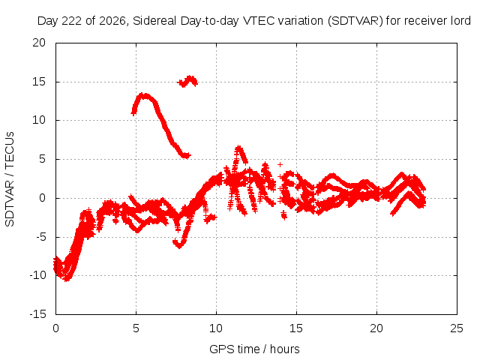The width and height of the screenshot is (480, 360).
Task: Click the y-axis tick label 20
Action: (39, 43)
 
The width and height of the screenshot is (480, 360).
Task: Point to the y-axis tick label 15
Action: (39, 82)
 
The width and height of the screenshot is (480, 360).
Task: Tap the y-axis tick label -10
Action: (37, 275)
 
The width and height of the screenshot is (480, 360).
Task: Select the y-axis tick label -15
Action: (37, 313)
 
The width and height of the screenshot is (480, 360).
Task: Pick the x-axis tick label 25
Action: (457, 328)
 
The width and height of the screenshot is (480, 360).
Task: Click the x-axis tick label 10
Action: (216, 328)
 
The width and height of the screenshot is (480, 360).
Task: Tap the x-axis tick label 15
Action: (296, 328)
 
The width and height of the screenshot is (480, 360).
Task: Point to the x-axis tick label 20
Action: (376, 328)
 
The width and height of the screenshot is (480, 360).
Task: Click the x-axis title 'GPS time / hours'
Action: (254, 349)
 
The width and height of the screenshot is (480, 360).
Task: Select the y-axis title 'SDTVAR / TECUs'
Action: (10, 179)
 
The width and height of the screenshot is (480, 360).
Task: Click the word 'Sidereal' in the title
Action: (154, 21)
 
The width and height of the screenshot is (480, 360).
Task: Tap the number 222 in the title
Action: (72, 21)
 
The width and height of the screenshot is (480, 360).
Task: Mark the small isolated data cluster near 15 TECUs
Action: (187, 82)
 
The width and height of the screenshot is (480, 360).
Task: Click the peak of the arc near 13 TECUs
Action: (143, 95)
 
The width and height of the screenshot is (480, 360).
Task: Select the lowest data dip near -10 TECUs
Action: (67, 278)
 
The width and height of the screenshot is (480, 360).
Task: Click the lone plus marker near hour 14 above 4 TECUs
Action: (280, 165)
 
